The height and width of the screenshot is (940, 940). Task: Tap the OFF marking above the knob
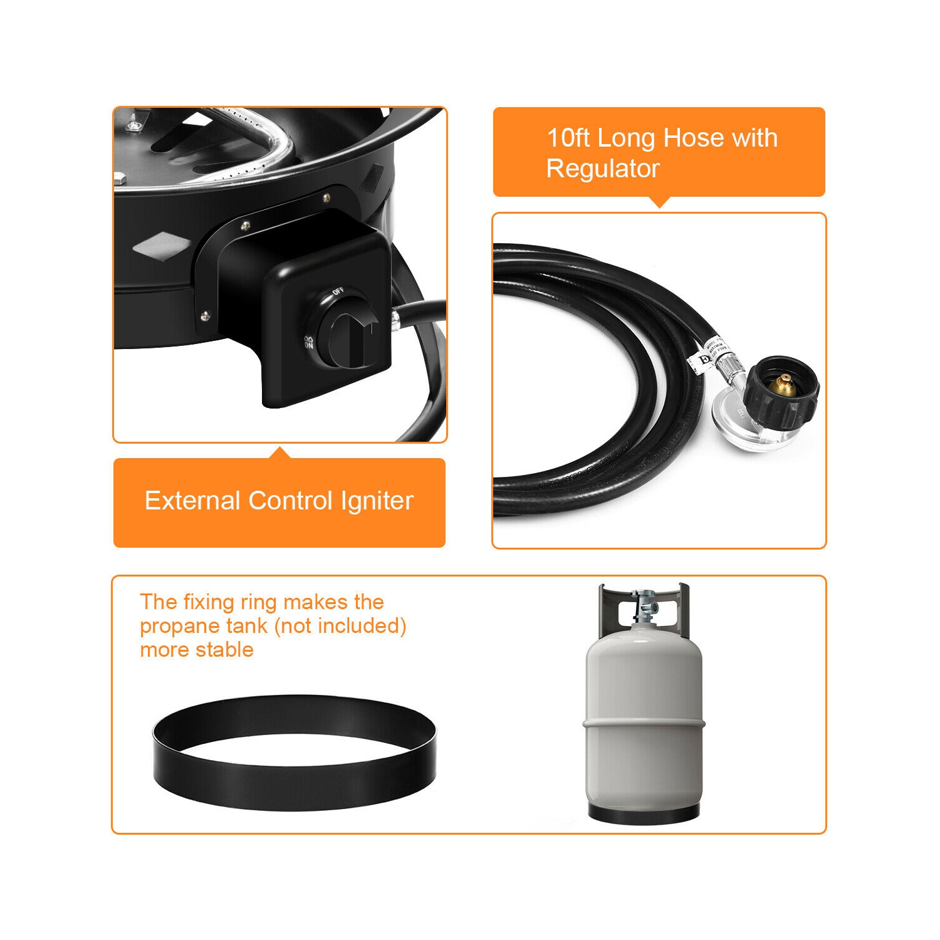(x=338, y=291)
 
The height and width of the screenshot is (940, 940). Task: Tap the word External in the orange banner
(x=192, y=501)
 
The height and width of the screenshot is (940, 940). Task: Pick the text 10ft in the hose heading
(x=568, y=138)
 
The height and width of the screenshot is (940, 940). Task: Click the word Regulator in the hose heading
(x=603, y=169)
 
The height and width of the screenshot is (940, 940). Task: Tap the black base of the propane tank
(x=644, y=813)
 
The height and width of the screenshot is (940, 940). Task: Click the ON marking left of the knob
(x=308, y=342)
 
